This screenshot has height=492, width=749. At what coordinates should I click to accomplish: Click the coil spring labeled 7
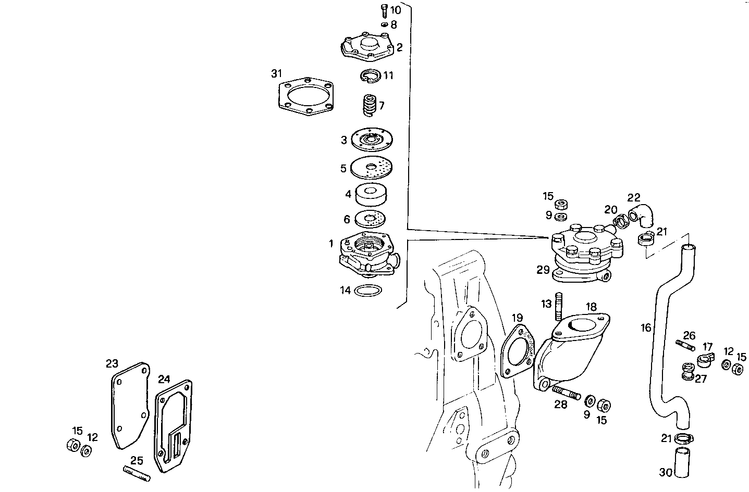coord(370,106)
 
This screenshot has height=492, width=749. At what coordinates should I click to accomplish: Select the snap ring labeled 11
coord(371,76)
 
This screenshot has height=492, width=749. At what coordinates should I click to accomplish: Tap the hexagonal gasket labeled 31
coord(304,97)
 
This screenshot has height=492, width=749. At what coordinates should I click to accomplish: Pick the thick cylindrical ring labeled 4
coord(372,195)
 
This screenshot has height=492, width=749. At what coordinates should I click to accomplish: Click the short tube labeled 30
coord(683,462)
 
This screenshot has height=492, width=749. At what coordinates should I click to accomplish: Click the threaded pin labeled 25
coord(137,473)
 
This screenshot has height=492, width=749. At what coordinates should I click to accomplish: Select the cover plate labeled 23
coord(130,405)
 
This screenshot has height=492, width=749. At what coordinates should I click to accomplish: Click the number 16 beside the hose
coord(646,327)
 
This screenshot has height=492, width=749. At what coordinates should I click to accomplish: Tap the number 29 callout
coord(543,270)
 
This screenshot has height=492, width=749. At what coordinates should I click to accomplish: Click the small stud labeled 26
coord(684,345)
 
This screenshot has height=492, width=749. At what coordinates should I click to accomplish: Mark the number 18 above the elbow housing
coord(591,307)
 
